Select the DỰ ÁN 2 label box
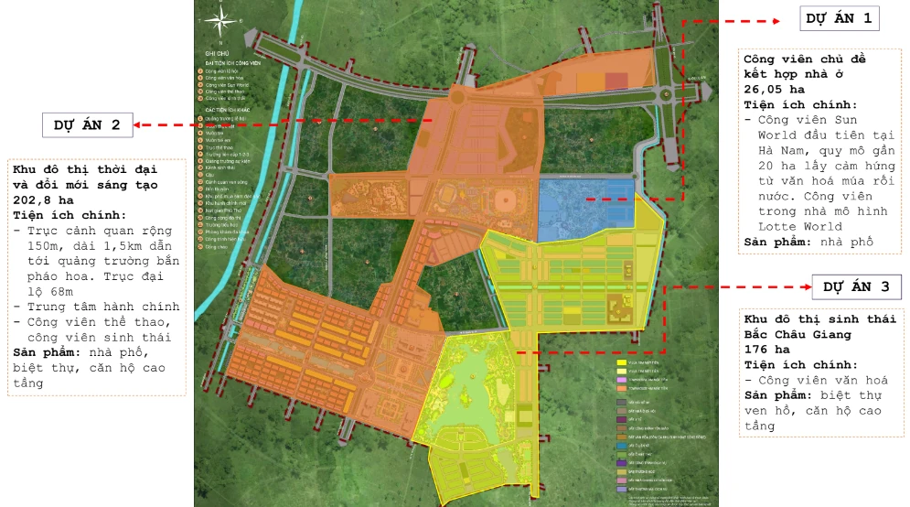pyautogui.click(x=87, y=124)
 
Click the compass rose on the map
pyautogui.click(x=217, y=20)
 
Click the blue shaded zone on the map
pyautogui.click(x=585, y=202)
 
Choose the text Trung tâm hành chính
pyautogui.click(x=103, y=306)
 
